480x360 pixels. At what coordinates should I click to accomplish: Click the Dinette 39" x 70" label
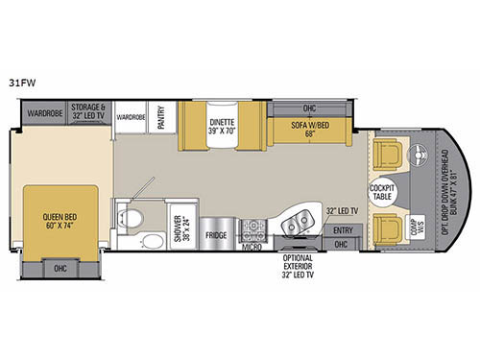pos(228,128)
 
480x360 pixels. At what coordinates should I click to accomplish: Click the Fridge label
pos(214,234)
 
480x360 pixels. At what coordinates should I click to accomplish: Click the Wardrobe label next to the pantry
pos(131,117)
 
